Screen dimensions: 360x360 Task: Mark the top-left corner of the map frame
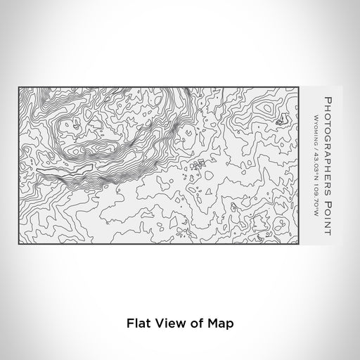pos(19,87)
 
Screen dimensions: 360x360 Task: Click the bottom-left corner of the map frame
pos(19,240)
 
